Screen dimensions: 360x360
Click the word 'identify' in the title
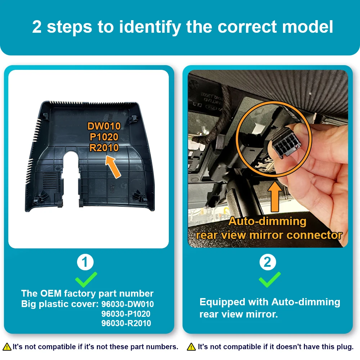[x=150, y=27]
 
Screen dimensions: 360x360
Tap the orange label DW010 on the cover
[x=104, y=126]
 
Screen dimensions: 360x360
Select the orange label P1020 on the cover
[x=104, y=137]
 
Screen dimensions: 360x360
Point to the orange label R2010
[x=104, y=148]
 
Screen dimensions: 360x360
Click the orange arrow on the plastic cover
[x=113, y=167]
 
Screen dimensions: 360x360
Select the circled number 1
[x=85, y=262]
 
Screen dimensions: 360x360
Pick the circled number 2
[x=268, y=262]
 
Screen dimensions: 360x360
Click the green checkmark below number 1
[x=86, y=279]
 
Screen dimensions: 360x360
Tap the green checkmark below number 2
[x=270, y=279]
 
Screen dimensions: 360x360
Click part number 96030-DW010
[x=128, y=304]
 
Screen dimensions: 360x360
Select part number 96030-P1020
[x=126, y=314]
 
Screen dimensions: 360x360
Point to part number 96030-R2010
[x=126, y=323]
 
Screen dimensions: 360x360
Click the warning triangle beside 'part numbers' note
[x=7, y=347]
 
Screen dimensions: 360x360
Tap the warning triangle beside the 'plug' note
[x=191, y=347]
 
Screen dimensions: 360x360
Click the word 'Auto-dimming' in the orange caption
[x=267, y=221]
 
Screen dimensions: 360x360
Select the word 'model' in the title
[x=307, y=27]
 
